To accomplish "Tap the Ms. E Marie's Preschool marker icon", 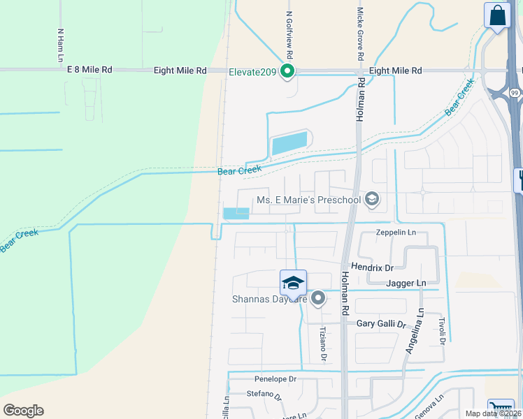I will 372,200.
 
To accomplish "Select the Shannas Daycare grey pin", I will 318,299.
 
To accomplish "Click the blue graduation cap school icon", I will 293,284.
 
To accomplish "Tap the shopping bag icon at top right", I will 497,15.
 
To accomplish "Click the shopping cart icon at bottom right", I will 501,410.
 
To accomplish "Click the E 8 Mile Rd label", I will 89,71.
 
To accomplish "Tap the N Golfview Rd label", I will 288,33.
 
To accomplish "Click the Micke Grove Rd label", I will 360,33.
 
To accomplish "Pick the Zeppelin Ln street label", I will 396,233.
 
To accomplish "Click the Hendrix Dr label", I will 373,267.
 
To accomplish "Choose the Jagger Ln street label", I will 406,283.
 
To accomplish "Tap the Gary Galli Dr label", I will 381,324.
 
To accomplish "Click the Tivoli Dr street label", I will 442,329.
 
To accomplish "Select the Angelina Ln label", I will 413,332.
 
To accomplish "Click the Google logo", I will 23,411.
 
